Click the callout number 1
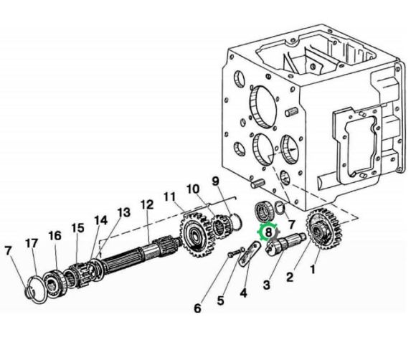click(313, 269)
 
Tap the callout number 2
click(290, 278)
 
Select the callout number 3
click(266, 285)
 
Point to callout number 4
click(243, 293)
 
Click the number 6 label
click(197, 308)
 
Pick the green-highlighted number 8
click(268, 232)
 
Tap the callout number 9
click(215, 181)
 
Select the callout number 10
click(193, 189)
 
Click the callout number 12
click(147, 204)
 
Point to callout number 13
click(124, 212)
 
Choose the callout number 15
click(77, 228)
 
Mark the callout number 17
click(32, 243)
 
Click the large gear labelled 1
click(324, 229)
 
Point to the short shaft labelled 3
click(285, 242)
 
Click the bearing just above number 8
click(263, 212)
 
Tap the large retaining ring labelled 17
click(39, 290)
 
